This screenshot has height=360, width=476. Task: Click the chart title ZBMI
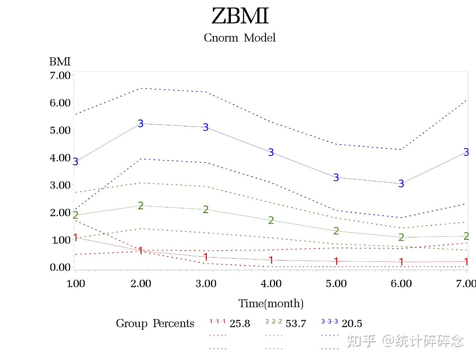pos(240,16)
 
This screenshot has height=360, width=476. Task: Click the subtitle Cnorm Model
pos(240,38)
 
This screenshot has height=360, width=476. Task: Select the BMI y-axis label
pos(60,61)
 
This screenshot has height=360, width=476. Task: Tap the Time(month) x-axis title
pos(271,303)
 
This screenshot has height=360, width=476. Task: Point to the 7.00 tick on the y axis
pos(60,75)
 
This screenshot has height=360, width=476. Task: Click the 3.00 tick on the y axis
pos(60,185)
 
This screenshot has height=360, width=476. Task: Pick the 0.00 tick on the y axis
pos(60,267)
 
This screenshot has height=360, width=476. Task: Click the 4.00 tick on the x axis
pos(271,284)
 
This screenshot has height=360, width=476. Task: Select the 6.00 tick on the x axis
pos(401,284)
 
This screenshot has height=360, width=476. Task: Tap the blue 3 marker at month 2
pos(140,123)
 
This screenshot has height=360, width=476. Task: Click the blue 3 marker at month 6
pos(401,184)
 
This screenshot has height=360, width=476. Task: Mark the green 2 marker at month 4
pos(271,220)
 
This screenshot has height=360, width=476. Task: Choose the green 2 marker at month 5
pos(336,231)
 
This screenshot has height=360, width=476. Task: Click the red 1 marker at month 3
pos(206,257)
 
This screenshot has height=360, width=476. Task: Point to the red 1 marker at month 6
pos(401,262)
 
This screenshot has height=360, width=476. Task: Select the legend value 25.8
pos(240,324)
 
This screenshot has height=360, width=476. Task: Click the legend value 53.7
pos(296,324)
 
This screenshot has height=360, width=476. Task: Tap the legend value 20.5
pos(352,324)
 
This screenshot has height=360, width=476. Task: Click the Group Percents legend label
pos(155,323)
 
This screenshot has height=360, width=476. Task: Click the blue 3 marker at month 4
pos(271,152)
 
